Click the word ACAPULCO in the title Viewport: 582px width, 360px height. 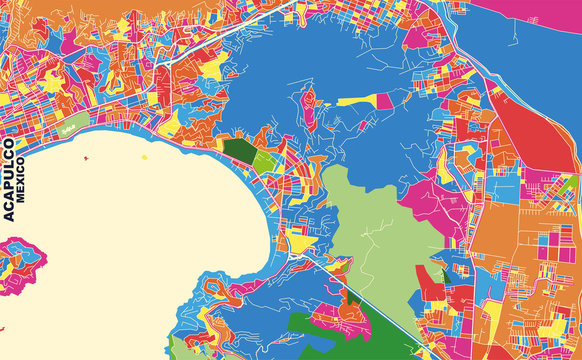[x=9, y=174]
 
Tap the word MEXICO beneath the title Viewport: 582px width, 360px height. [x=23, y=190]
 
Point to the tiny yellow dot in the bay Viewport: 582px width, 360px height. [x=145, y=156]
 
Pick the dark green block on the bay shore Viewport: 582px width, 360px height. [x=238, y=152]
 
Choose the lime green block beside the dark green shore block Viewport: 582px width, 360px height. [x=263, y=160]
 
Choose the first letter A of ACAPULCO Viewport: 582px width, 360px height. [x=9, y=214]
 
